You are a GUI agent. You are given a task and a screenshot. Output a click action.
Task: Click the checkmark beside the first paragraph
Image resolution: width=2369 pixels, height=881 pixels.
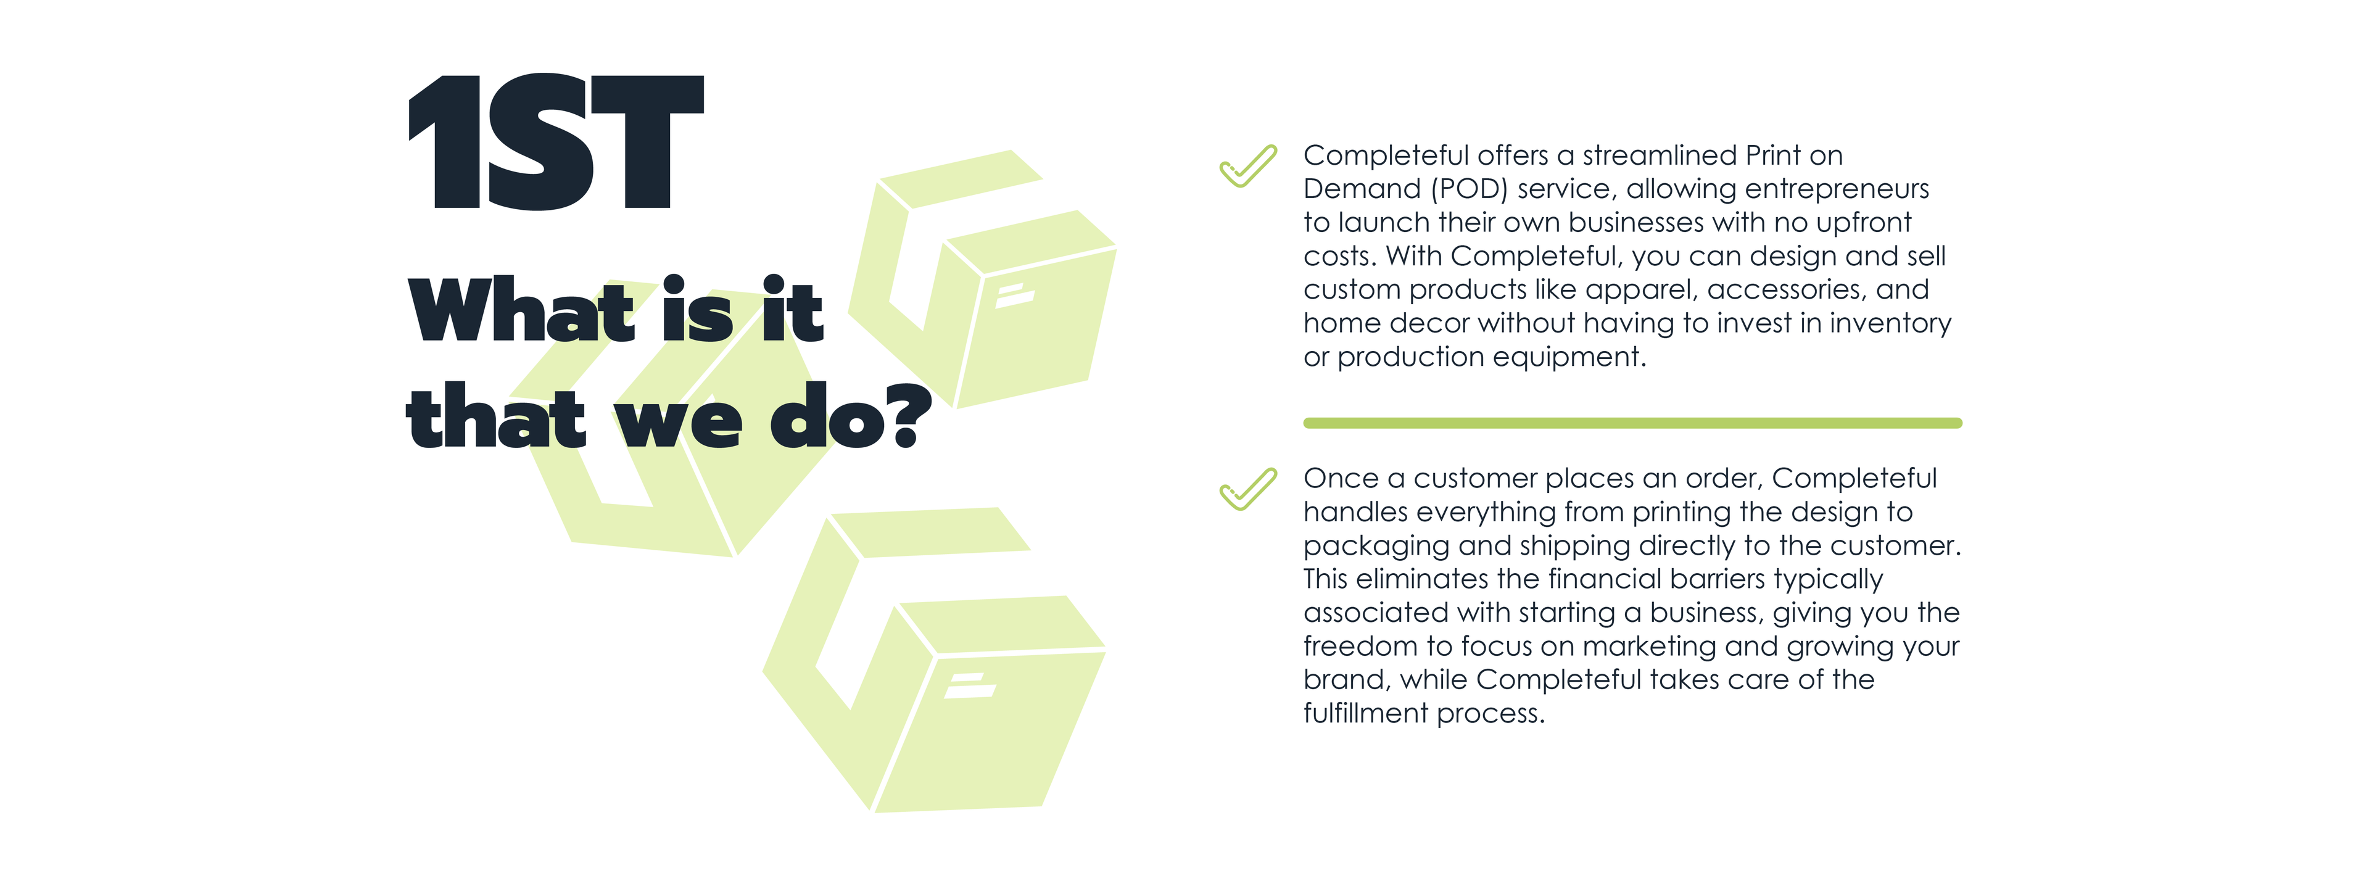click(x=1248, y=167)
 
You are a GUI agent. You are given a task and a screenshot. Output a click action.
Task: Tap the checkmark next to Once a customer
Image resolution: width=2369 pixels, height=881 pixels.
click(x=1248, y=489)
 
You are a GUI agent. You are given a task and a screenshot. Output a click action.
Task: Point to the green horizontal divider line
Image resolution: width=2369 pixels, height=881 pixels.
click(x=1632, y=423)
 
